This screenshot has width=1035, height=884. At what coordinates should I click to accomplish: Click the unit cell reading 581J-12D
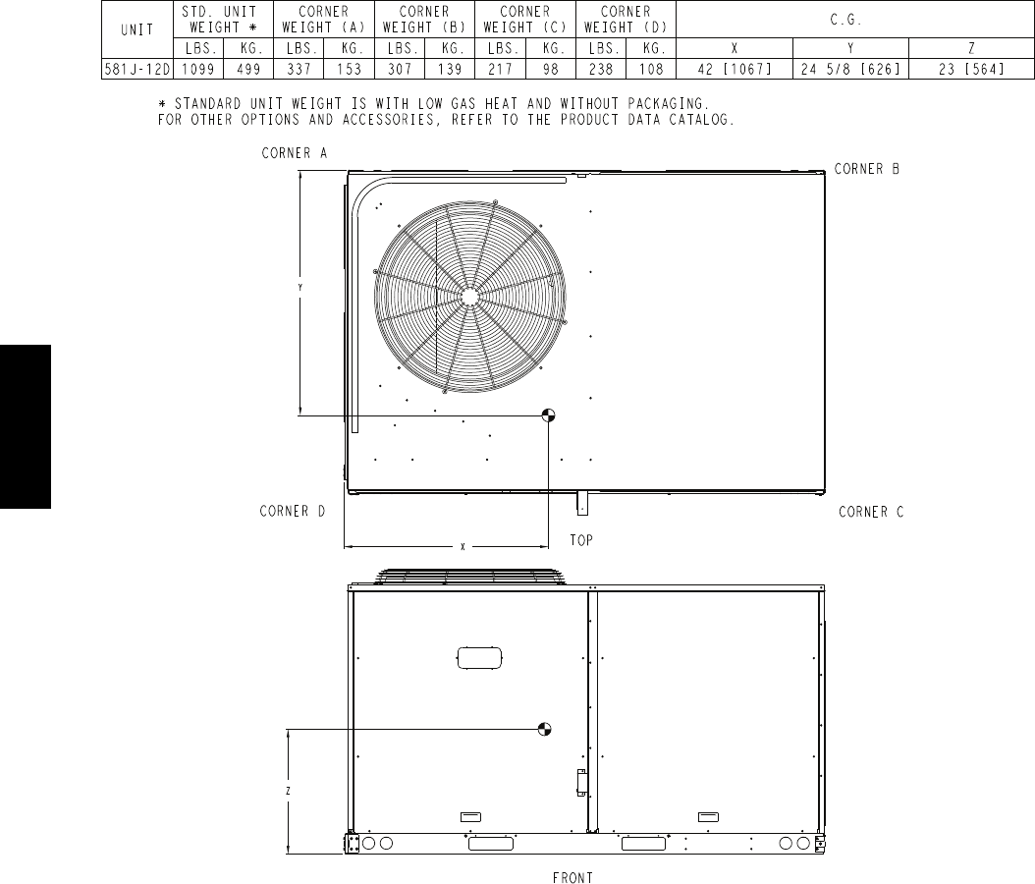click(x=137, y=70)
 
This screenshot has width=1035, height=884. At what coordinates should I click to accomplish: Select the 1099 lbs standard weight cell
click(x=198, y=70)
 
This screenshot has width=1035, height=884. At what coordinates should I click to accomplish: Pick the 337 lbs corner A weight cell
click(x=299, y=70)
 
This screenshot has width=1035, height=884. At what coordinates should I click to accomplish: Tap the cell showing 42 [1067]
click(x=734, y=70)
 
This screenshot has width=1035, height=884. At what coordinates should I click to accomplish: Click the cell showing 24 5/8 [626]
click(x=850, y=70)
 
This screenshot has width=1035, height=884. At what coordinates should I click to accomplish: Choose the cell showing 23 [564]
click(x=971, y=70)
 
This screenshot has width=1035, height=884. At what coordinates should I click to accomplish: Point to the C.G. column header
click(x=845, y=20)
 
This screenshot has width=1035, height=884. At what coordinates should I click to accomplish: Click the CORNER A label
click(x=295, y=153)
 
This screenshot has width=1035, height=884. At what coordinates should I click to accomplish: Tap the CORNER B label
click(x=867, y=169)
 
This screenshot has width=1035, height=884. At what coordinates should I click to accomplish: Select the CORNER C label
click(x=871, y=513)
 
